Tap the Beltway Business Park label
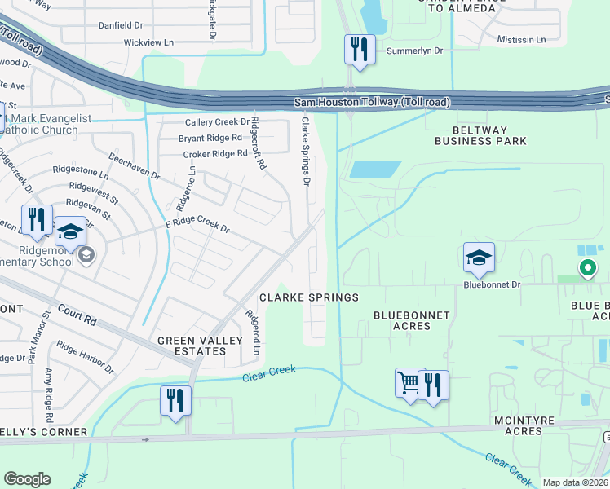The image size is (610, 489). [x=480, y=135]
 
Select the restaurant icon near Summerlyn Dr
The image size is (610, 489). [x=359, y=49]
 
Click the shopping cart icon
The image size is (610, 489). [x=409, y=382]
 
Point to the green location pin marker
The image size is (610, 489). [x=586, y=267]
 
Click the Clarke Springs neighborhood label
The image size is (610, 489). [x=309, y=297]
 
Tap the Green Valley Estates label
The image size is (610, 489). [x=192, y=346]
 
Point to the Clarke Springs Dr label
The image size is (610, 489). [x=306, y=151]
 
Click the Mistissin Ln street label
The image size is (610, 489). [x=521, y=39]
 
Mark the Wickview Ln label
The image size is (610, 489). [x=148, y=42]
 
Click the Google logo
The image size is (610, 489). [x=27, y=479]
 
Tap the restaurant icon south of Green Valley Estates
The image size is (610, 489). [x=175, y=400]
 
